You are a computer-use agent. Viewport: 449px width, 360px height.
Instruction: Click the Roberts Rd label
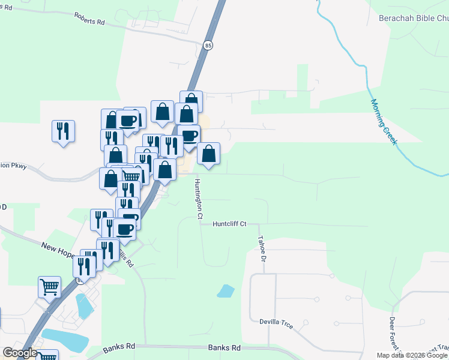point(90,17)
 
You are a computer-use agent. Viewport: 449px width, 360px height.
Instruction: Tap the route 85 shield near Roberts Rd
point(208,45)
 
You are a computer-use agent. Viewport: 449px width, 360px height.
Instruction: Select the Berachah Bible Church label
point(413,19)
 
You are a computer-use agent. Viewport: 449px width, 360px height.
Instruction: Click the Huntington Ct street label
point(197,198)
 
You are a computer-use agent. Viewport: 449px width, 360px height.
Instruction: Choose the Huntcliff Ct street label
point(230,224)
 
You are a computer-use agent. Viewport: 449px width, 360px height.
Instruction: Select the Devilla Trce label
point(276,324)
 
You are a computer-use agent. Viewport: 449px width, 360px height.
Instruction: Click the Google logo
point(20,352)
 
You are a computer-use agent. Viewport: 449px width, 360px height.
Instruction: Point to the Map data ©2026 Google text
point(411,355)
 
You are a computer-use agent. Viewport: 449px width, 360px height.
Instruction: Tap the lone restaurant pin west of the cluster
point(64,131)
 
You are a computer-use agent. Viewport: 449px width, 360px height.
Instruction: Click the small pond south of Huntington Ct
point(226,291)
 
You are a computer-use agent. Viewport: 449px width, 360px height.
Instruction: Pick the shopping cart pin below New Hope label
point(49,286)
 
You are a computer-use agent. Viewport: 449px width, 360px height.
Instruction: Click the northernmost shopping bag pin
point(191,101)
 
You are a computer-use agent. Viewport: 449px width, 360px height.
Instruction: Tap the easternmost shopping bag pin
point(208,153)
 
